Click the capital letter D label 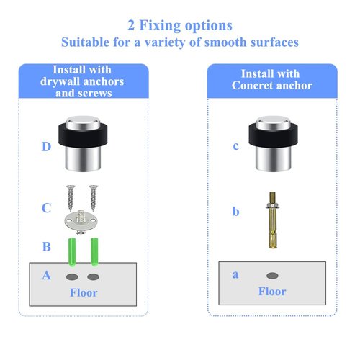point(46,146)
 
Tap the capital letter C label point(46,208)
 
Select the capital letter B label point(47,246)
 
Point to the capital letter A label point(46,275)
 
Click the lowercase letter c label point(235,146)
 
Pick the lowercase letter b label point(235,212)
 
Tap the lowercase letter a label point(235,274)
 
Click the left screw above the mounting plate point(71,198)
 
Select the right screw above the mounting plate point(94,198)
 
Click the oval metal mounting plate point(81,221)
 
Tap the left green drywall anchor point(72,252)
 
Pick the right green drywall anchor point(94,252)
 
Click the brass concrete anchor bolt point(272,220)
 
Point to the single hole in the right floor point(272,276)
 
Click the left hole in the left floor point(72,277)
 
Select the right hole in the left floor point(94,277)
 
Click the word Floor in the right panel point(272,292)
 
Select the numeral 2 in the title point(131,25)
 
